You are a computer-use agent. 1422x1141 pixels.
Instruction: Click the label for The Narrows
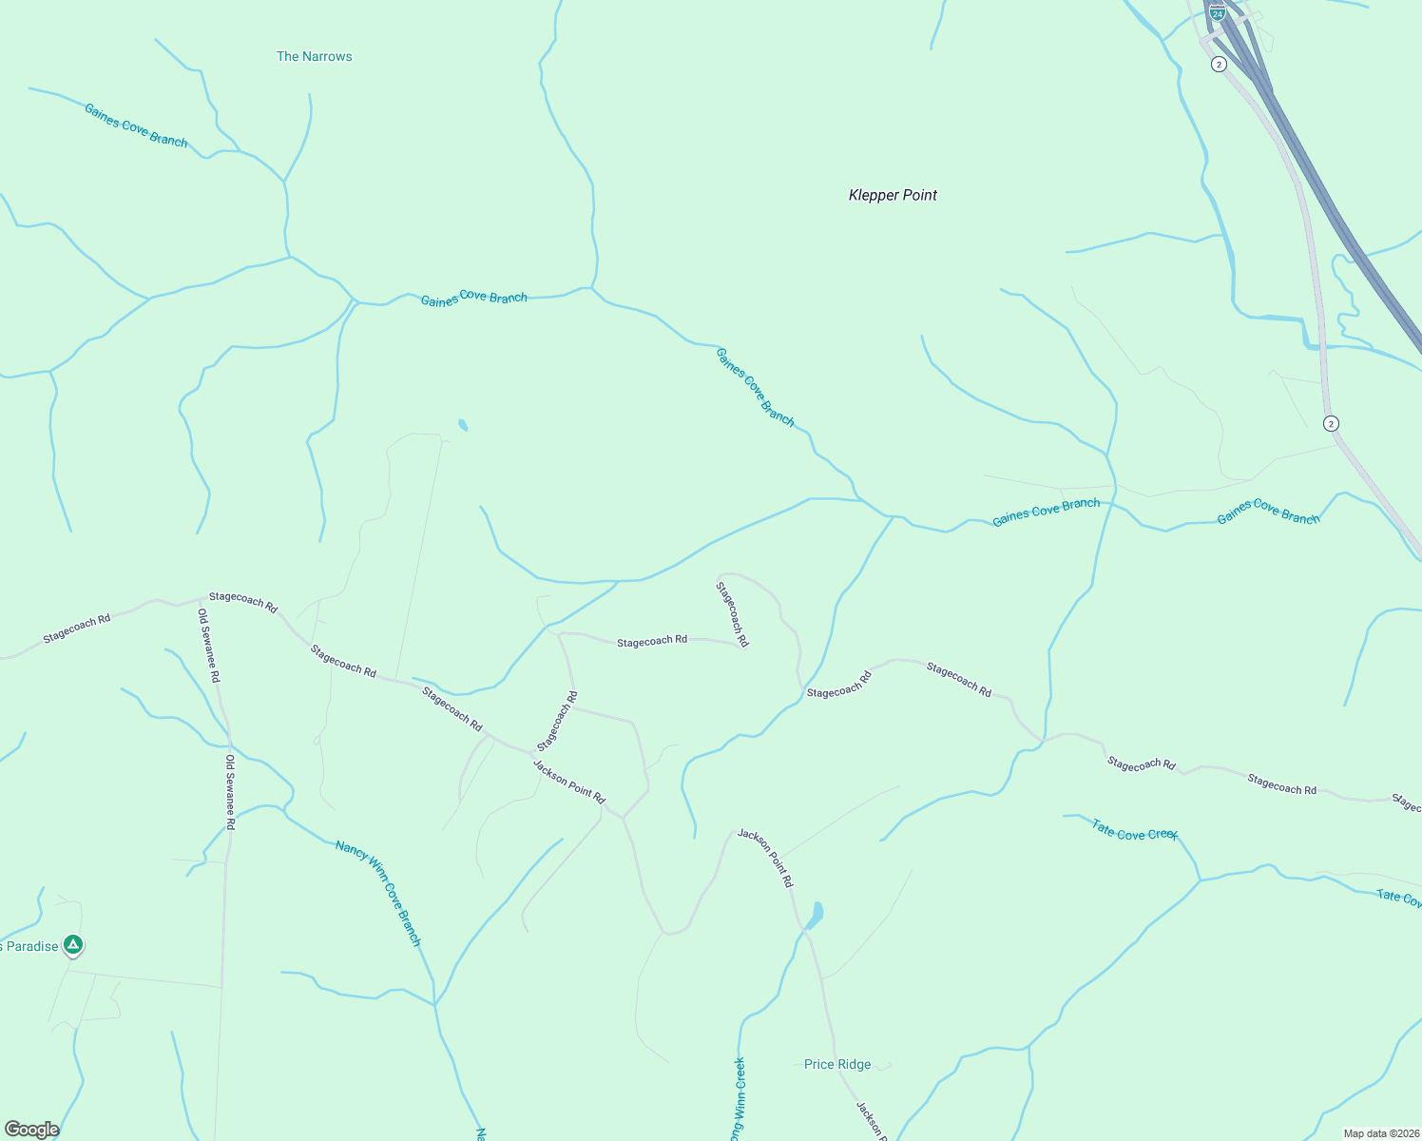pos(314,57)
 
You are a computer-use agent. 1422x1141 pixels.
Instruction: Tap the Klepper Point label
pos(893,195)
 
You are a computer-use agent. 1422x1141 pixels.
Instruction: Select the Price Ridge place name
pos(836,1064)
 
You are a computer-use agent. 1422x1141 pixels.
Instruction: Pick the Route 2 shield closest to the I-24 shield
pos(1219,65)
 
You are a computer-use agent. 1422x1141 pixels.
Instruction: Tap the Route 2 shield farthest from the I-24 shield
pos(1331,423)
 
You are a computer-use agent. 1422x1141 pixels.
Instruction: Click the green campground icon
pos(73,945)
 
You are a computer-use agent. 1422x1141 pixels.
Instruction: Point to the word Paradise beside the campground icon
pos(33,946)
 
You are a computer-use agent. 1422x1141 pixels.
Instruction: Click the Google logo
pos(31,1130)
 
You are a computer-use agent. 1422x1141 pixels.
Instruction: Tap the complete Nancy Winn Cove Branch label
pos(378,892)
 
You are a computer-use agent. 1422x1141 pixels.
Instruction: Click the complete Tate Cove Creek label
pos(1134,831)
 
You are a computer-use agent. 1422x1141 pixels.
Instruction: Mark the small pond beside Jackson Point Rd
pos(815,916)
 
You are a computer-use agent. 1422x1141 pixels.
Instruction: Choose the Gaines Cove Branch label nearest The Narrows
pos(136,126)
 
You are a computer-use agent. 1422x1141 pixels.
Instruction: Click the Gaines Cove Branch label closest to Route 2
pos(1268,512)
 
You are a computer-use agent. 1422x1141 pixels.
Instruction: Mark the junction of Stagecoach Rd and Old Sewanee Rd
pos(202,599)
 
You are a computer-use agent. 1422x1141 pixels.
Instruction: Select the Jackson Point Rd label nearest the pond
pos(765,858)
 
